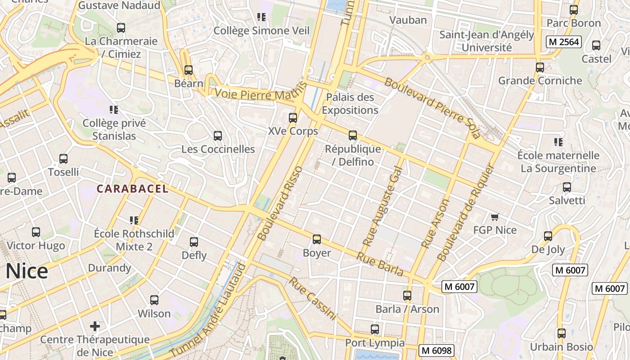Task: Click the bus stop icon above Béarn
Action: tap(189, 70)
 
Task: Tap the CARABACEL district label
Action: tap(133, 189)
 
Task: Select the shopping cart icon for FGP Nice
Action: tap(495, 217)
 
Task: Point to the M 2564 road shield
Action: tap(564, 42)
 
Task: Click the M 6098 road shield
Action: tap(436, 351)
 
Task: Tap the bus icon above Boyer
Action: tap(317, 239)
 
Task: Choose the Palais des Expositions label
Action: tap(350, 103)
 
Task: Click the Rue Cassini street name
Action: tap(313, 298)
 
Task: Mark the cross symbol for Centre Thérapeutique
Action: tap(95, 326)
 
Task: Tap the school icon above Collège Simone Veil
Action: tap(261, 17)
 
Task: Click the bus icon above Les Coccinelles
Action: tap(218, 135)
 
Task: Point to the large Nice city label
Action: tap(27, 272)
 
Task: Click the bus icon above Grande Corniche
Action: tap(540, 67)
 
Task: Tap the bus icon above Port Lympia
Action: tap(375, 329)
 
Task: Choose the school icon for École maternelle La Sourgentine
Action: tap(558, 142)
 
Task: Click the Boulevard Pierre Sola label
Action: tap(432, 108)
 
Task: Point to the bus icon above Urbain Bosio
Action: tap(562, 333)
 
